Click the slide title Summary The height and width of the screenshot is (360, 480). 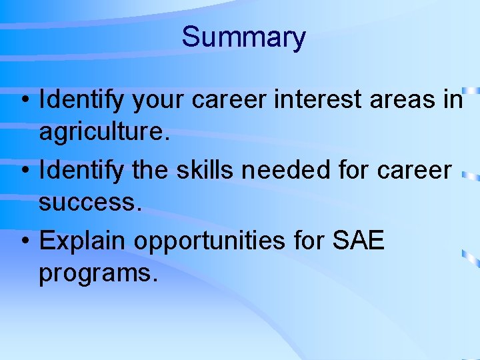(243, 37)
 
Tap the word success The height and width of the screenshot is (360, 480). (90, 203)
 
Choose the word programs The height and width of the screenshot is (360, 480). (98, 274)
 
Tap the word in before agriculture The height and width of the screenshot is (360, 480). (453, 100)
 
